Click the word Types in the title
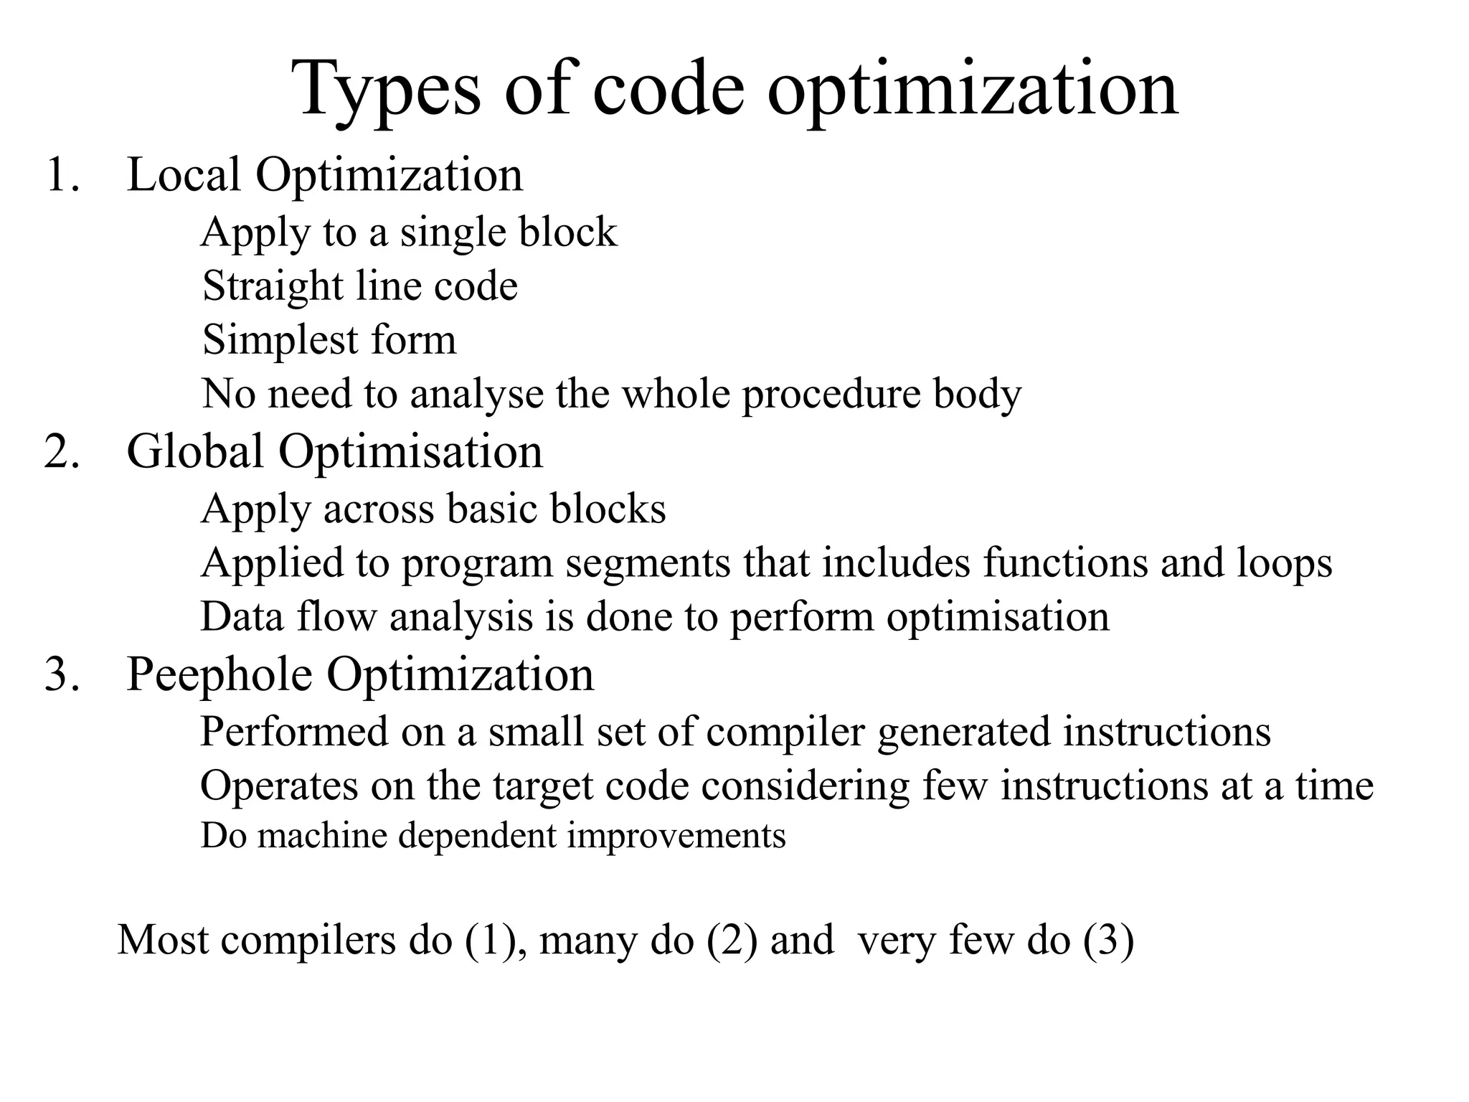coord(388,90)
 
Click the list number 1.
coord(61,174)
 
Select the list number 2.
coord(61,452)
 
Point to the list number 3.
coord(61,674)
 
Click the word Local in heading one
coord(183,174)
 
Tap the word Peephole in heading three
coord(219,676)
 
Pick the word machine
coord(322,836)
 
